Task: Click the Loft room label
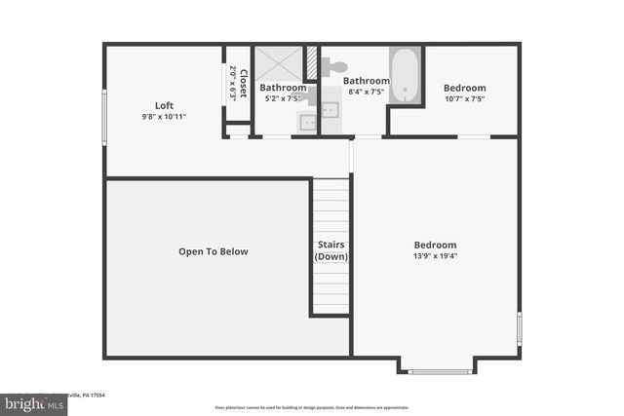click(x=164, y=105)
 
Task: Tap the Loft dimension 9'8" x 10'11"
click(x=164, y=116)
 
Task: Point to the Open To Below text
click(x=213, y=251)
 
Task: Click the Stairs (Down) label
click(x=331, y=250)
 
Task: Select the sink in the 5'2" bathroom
click(x=306, y=122)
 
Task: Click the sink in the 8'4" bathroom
click(x=331, y=109)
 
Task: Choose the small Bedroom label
click(x=464, y=88)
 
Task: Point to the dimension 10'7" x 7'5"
click(x=464, y=98)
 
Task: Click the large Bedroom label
click(x=435, y=246)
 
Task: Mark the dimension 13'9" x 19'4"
click(x=435, y=256)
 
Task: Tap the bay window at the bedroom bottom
click(x=436, y=371)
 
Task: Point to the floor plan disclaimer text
click(x=311, y=407)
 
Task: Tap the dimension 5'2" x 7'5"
click(x=283, y=98)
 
